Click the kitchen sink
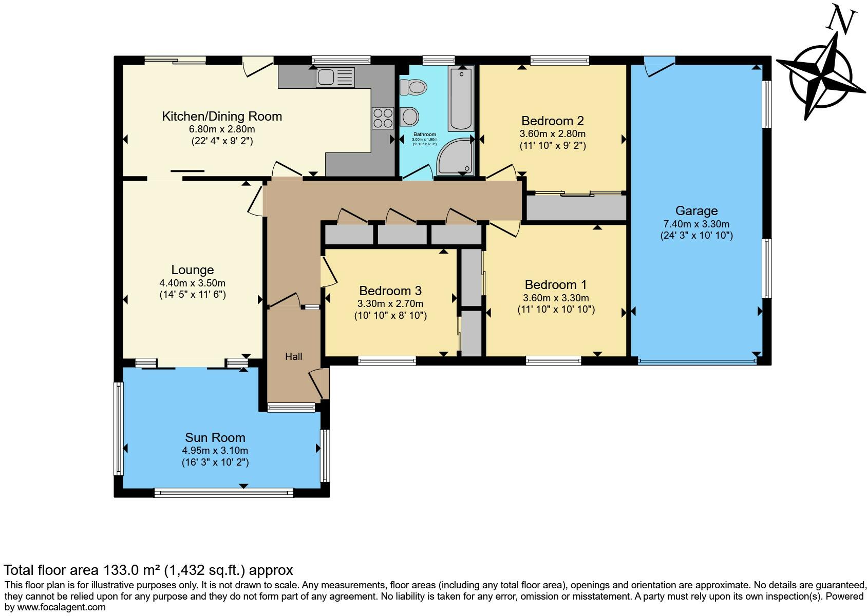pyautogui.click(x=335, y=78)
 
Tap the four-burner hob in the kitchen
pyautogui.click(x=383, y=118)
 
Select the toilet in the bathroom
pyautogui.click(x=413, y=87)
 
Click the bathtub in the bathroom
pyautogui.click(x=461, y=99)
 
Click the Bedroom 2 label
pyautogui.click(x=552, y=121)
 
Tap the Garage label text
pyautogui.click(x=696, y=210)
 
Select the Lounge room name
pyautogui.click(x=193, y=269)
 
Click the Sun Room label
pyautogui.click(x=215, y=437)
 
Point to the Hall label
pyautogui.click(x=294, y=356)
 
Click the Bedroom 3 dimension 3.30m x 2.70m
pyautogui.click(x=390, y=304)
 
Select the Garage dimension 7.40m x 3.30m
pyautogui.click(x=696, y=224)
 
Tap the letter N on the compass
pyautogui.click(x=841, y=21)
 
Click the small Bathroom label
pyautogui.click(x=425, y=134)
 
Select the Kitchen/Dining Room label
pyautogui.click(x=222, y=116)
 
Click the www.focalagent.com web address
pyautogui.click(x=61, y=607)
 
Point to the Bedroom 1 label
pyautogui.click(x=555, y=285)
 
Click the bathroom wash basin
pyautogui.click(x=409, y=117)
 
